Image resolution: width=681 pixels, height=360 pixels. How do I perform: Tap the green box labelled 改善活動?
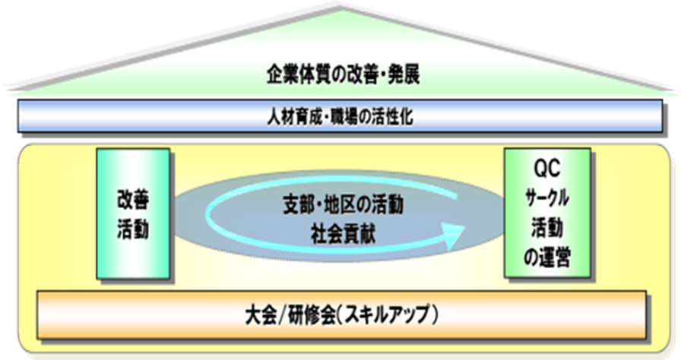(x=133, y=213)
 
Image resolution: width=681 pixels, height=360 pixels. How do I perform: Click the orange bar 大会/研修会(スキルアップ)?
(x=342, y=313)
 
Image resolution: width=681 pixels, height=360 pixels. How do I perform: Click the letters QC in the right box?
(x=547, y=165)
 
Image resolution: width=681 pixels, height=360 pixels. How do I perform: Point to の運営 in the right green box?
(x=547, y=261)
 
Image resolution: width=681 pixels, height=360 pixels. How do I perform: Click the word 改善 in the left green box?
(x=133, y=200)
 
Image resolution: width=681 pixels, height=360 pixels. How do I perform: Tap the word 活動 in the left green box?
(x=133, y=229)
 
